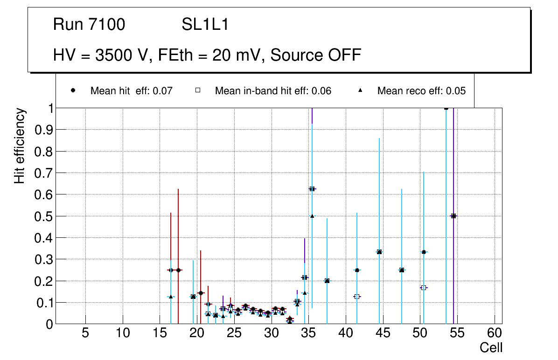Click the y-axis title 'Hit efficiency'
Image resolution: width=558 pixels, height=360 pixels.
(x=20, y=145)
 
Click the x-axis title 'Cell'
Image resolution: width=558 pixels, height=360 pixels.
(x=491, y=348)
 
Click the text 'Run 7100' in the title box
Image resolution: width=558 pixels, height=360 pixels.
(x=89, y=25)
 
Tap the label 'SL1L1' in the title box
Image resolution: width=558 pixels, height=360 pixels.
(x=205, y=25)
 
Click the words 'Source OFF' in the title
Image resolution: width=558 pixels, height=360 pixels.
(x=316, y=55)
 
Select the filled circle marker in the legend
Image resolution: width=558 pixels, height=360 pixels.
(x=73, y=90)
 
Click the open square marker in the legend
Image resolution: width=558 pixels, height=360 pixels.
(x=197, y=90)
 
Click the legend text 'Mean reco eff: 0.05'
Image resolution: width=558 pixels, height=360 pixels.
(x=421, y=91)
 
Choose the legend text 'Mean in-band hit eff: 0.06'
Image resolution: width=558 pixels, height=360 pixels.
(x=273, y=91)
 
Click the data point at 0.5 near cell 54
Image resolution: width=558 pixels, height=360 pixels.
(x=453, y=216)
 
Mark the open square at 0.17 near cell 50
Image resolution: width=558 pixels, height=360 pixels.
(x=424, y=288)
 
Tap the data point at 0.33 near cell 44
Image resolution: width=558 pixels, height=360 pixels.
(x=379, y=252)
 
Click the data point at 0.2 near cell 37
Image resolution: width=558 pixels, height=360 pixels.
(x=327, y=281)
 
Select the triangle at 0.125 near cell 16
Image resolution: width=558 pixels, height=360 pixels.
(x=171, y=297)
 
